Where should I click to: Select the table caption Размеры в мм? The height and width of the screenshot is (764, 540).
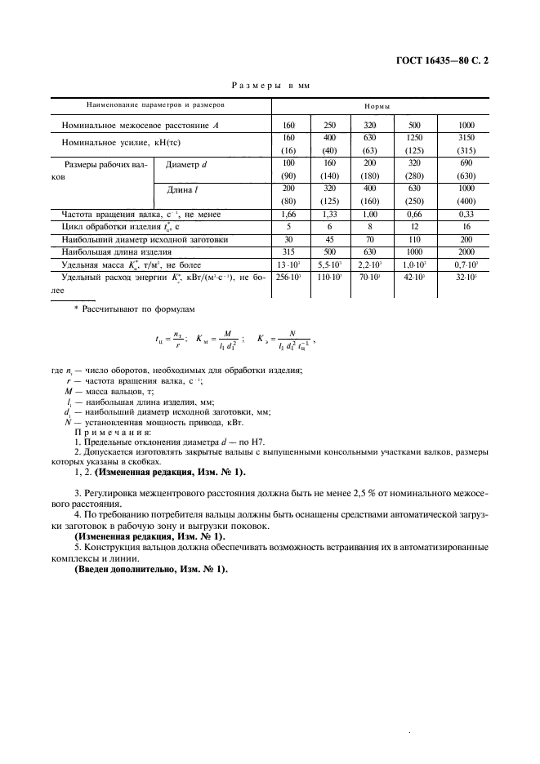(270, 85)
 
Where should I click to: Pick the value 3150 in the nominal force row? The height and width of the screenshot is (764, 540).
(466, 138)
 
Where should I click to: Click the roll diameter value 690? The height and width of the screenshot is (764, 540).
(466, 163)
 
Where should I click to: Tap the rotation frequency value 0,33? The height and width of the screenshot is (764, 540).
(466, 214)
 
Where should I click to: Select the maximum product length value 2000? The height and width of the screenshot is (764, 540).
(466, 253)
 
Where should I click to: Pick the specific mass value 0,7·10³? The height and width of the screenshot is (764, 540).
(466, 266)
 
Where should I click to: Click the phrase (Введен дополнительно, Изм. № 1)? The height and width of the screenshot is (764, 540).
(151, 568)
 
